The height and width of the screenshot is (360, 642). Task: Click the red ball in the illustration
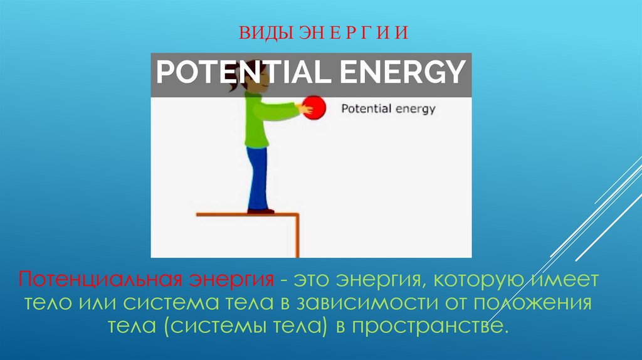coord(315,107)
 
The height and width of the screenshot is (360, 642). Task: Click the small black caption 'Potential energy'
coord(387,108)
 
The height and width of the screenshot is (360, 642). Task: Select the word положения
coord(532,303)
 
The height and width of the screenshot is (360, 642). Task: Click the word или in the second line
coord(97,303)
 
